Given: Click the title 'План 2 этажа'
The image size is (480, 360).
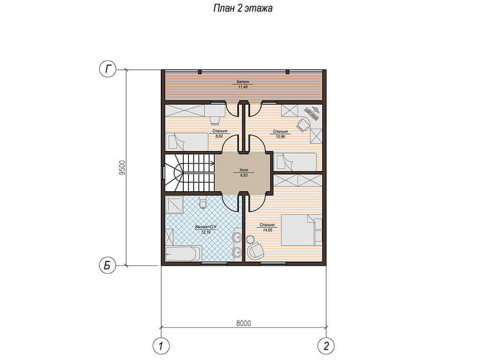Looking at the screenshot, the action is click(243, 8).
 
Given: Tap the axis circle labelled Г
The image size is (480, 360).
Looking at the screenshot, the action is click(107, 69).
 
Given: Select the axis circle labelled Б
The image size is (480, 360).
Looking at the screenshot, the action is click(107, 265).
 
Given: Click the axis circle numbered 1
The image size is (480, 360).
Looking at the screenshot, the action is click(161, 346).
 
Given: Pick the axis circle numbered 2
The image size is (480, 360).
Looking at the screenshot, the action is click(326, 346).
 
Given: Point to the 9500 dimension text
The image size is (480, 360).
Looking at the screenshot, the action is click(122, 168).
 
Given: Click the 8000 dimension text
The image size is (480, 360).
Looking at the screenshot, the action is click(244, 323).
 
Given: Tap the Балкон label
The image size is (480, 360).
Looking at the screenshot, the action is click(243, 82).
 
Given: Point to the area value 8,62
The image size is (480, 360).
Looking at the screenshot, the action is click(219, 136).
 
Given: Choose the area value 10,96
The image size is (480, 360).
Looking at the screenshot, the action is click(280, 136).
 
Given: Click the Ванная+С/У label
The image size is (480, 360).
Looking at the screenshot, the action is click(206, 227).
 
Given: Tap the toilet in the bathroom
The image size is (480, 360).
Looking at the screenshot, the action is click(202, 203).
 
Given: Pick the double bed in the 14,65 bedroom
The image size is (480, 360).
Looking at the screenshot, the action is click(301, 230).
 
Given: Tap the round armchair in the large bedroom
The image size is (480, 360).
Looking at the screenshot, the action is click(255, 250).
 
